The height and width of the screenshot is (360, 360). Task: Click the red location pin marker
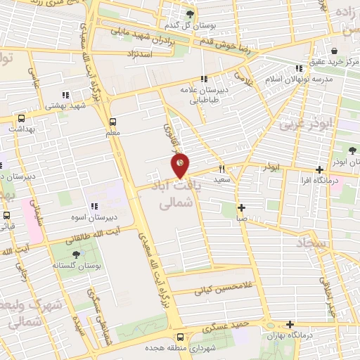(180, 166)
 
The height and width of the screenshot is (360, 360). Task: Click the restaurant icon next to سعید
(221, 169)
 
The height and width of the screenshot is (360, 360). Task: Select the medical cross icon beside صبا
(241, 207)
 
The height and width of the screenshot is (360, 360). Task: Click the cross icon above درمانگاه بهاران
(290, 324)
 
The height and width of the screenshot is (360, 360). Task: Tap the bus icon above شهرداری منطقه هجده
(180, 337)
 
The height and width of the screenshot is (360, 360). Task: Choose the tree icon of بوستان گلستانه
(75, 255)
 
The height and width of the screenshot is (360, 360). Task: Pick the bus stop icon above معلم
(112, 120)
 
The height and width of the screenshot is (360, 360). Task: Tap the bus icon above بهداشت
(21, 118)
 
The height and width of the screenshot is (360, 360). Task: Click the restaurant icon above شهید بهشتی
(65, 95)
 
